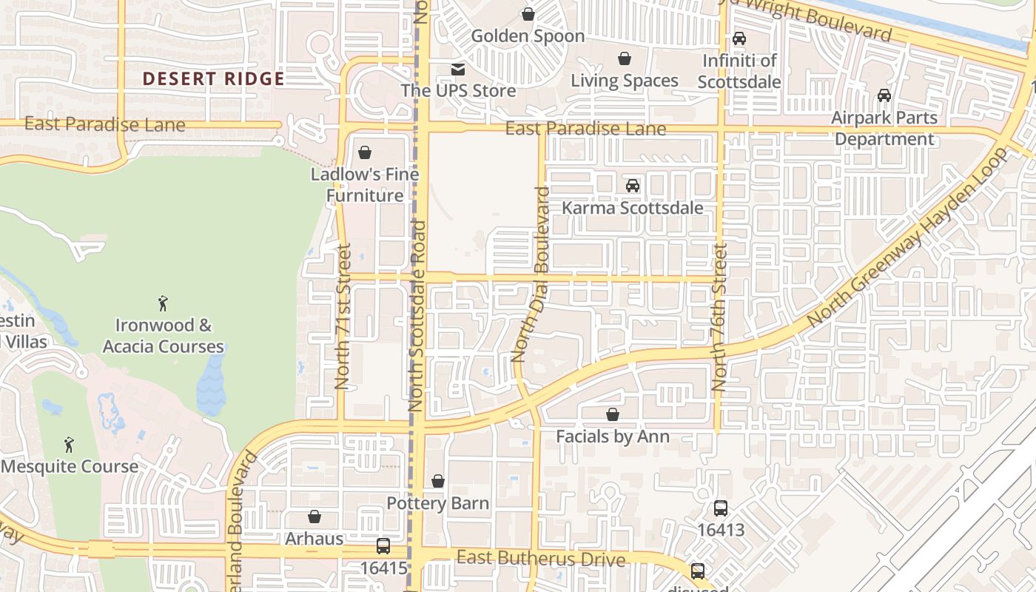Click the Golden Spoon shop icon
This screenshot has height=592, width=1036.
pos(528,14)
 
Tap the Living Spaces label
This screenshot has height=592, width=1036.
pos(625,81)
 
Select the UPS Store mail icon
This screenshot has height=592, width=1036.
pos(458,70)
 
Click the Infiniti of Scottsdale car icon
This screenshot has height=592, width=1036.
pos(739,38)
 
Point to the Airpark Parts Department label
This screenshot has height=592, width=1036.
pos(884,128)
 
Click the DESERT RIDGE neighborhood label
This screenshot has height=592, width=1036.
pos(213,78)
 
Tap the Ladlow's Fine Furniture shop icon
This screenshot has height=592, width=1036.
pos(365,153)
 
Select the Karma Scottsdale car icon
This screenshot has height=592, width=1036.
pos(633,186)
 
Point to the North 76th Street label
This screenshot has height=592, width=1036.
pos(719,317)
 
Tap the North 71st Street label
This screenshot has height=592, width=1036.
pos(343,316)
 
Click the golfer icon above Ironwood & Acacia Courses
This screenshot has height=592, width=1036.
pos(164,303)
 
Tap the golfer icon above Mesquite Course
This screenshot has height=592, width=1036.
pos(69,445)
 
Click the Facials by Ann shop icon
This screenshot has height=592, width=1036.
pos(613,414)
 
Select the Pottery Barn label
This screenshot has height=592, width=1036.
pos(438,504)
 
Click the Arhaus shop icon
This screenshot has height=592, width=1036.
pos(314,517)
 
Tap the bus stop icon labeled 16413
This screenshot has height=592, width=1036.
pos(720,508)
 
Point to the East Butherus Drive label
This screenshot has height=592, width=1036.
pos(541,559)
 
